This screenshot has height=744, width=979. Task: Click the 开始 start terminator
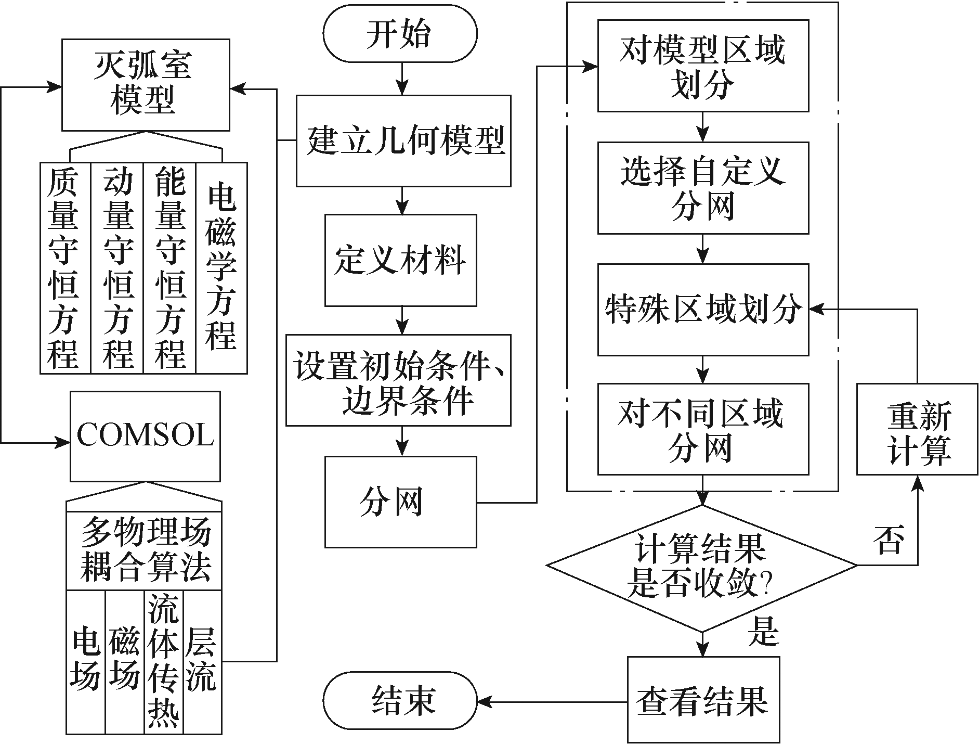(x=399, y=35)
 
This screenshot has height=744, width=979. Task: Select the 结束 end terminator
(x=399, y=700)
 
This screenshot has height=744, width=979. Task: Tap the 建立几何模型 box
(x=403, y=140)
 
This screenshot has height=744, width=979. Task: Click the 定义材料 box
(x=400, y=260)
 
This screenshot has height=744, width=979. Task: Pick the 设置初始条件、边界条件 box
(x=398, y=380)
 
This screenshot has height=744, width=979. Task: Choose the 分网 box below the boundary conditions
(x=400, y=502)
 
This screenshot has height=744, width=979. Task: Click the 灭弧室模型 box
(x=146, y=84)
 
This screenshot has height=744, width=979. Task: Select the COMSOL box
(x=145, y=436)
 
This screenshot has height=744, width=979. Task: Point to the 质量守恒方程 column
(x=65, y=268)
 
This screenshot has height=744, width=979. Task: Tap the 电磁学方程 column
(x=221, y=268)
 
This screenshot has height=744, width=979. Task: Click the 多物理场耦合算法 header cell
(x=144, y=550)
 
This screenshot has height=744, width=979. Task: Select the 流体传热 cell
(x=164, y=662)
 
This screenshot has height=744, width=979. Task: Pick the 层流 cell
(x=202, y=662)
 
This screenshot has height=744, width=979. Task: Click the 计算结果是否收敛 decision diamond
(x=702, y=566)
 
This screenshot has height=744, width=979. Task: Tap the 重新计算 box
(x=917, y=429)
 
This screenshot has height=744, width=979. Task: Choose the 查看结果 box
(x=703, y=700)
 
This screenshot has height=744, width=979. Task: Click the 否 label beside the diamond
(x=890, y=541)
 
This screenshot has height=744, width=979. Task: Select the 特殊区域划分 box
(x=703, y=310)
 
